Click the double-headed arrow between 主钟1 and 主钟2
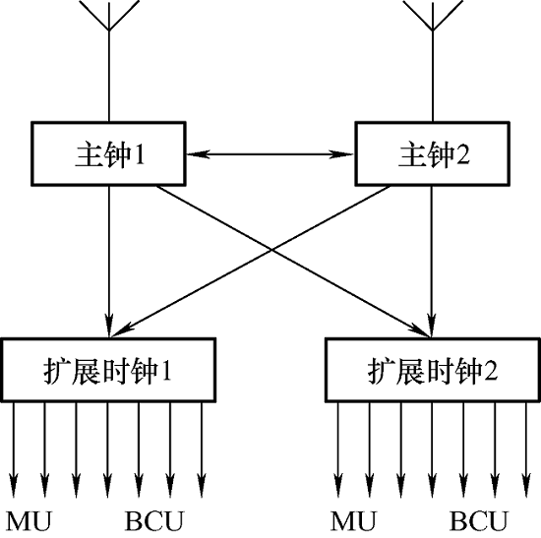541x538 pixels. pyautogui.click(x=270, y=154)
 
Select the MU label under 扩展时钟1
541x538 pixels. pyautogui.click(x=29, y=521)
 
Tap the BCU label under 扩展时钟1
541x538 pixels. pyautogui.click(x=153, y=521)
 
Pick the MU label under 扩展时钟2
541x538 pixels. pyautogui.click(x=353, y=521)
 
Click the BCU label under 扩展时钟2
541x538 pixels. pyautogui.click(x=479, y=521)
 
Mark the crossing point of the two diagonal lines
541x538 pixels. pyautogui.click(x=271, y=250)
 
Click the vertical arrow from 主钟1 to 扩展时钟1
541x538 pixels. pyautogui.click(x=109, y=263)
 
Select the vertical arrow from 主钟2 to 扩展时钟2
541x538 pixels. pyautogui.click(x=431, y=263)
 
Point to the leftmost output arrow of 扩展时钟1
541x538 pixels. pyautogui.click(x=14, y=450)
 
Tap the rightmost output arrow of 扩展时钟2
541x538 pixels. pyautogui.click(x=526, y=450)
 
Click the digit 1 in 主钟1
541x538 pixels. pyautogui.click(x=140, y=154)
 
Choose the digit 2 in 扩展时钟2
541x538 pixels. pyautogui.click(x=491, y=371)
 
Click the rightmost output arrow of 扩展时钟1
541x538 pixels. pyautogui.click(x=202, y=450)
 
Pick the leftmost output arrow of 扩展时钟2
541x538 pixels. pyautogui.click(x=338, y=450)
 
